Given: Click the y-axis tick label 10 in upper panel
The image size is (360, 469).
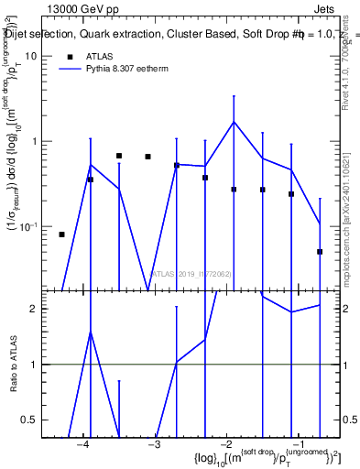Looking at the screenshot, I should click(x=31, y=56).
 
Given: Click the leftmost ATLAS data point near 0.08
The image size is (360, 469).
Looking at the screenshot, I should click(x=61, y=234).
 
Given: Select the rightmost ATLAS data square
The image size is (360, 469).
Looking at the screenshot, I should click(x=320, y=251).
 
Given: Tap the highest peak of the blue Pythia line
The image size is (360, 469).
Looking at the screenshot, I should click(x=234, y=122).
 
